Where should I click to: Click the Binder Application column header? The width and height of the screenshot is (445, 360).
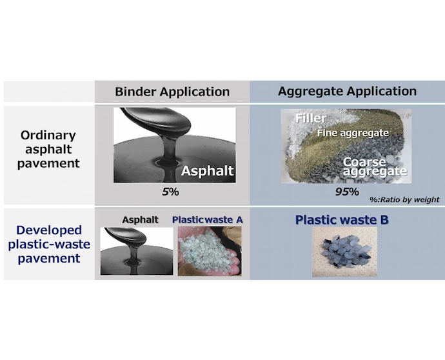172,92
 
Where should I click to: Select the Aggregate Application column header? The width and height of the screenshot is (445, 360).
348,91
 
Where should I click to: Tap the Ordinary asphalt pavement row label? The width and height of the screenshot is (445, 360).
48,149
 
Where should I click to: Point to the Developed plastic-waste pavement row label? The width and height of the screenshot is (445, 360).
49,244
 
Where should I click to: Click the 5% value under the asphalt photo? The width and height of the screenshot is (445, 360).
170,192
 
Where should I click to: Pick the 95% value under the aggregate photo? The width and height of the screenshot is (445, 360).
347,192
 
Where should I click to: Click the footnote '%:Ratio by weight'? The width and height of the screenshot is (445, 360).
404,199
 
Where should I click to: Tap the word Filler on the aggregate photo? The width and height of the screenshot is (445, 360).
311,118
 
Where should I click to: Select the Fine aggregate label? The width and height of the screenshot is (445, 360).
353,133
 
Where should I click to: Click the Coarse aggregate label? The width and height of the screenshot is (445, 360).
375,166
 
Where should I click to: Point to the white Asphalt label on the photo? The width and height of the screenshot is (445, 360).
208,171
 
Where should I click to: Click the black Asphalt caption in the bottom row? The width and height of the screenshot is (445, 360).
140,220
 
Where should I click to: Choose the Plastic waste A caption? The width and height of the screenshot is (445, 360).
208,220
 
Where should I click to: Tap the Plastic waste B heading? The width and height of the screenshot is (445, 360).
342,220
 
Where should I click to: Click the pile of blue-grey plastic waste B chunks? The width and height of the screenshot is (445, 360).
347,251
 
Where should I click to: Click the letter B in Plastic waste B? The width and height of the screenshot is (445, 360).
384,220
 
